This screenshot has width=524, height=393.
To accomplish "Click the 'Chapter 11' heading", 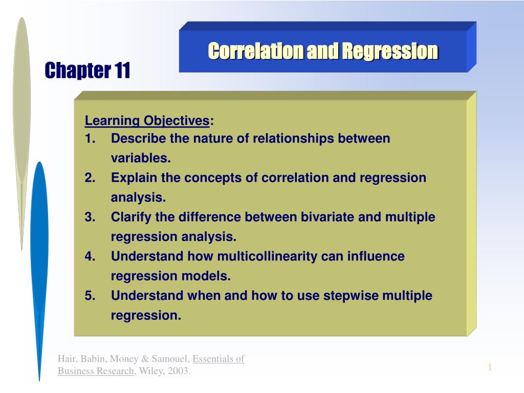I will coord(88,70).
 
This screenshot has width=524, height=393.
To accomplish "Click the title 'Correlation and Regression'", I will coord(323,51).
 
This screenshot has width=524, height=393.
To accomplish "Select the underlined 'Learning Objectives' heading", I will coord(147,121).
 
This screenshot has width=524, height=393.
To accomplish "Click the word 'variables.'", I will coord(141,159).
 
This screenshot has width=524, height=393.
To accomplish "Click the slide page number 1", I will coord(489,367).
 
